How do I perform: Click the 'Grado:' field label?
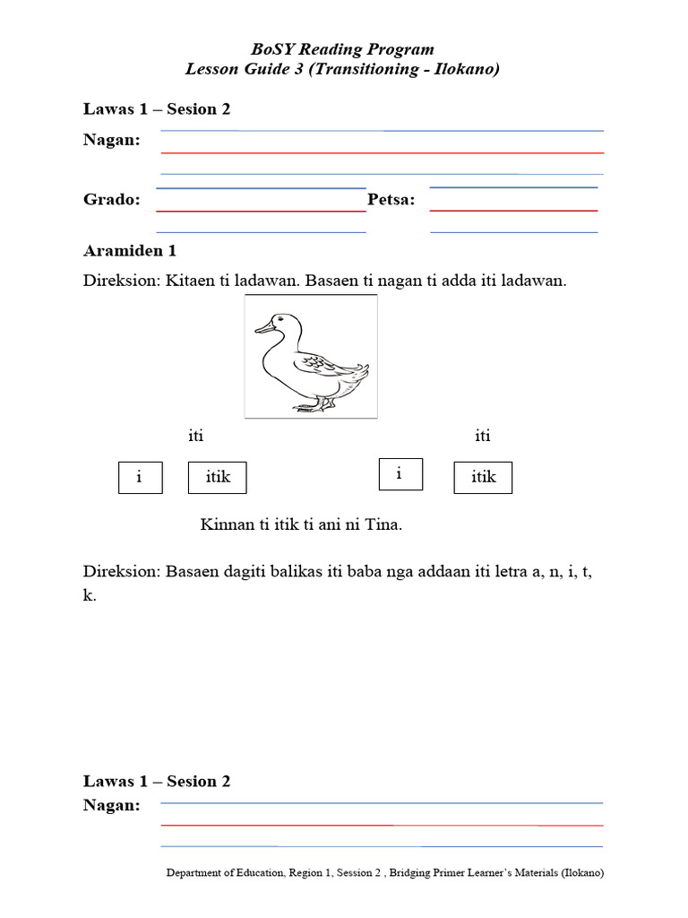[x=112, y=199]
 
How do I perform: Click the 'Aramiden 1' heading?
[x=136, y=250]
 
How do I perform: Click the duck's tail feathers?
[x=358, y=369]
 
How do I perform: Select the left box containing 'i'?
[x=140, y=477]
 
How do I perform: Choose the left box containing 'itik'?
[x=218, y=477]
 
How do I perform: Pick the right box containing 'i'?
[x=400, y=474]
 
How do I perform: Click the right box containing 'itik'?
[x=483, y=477]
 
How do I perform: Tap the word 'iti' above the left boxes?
[x=195, y=437]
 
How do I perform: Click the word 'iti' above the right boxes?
[x=483, y=437]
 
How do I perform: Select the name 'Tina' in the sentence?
[x=383, y=524]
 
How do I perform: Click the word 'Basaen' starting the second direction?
[x=190, y=573]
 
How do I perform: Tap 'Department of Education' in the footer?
[x=226, y=872]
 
